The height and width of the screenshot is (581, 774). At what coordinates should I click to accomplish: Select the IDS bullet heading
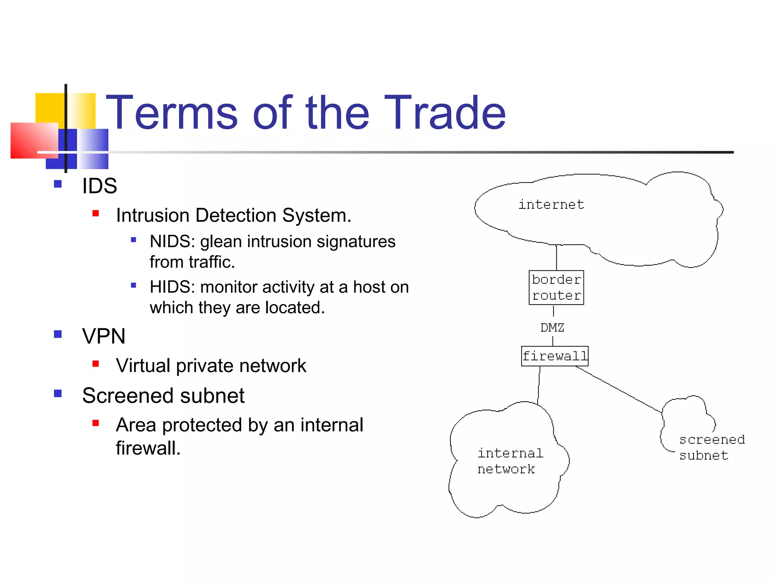[x=99, y=186]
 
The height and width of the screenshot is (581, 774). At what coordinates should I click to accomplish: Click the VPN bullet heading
[x=104, y=336]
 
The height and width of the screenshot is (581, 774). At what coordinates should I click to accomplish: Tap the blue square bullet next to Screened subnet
[x=58, y=394]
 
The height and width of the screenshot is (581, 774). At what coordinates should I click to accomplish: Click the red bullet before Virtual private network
[x=96, y=364]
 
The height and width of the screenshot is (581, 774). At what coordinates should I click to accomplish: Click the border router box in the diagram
[x=556, y=287]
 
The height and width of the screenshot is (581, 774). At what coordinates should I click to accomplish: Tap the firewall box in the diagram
[x=554, y=356]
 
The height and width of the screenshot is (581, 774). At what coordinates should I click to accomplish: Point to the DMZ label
[x=552, y=328]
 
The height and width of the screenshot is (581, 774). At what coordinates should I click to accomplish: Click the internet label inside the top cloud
[x=551, y=205]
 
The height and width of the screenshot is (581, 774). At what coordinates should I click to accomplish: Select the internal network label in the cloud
[x=509, y=461]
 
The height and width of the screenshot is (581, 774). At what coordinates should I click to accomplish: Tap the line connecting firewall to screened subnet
[x=620, y=390]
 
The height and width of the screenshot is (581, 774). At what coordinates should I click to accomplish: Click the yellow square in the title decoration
[x=50, y=107]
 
